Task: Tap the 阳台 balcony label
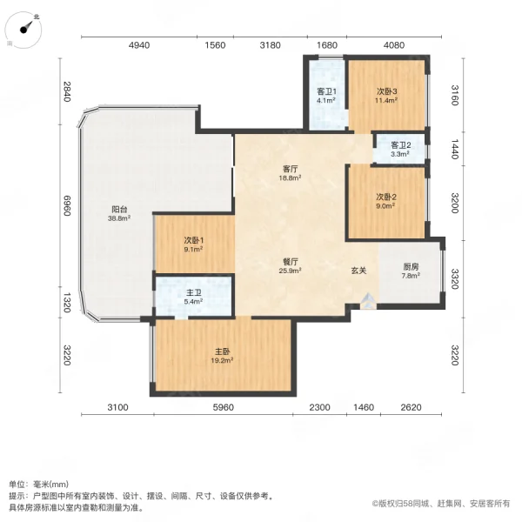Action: click(119, 210)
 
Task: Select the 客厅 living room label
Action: click(290, 169)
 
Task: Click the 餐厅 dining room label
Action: click(290, 261)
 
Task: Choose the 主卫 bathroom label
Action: click(193, 292)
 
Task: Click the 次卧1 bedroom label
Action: click(193, 241)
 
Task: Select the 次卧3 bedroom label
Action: click(386, 91)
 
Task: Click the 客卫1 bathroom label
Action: click(326, 91)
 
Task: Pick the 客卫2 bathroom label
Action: click(399, 145)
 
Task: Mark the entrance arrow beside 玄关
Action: click(368, 302)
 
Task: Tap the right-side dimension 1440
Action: click(453, 149)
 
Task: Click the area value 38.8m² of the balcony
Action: click(119, 219)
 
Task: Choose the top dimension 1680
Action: click(326, 46)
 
